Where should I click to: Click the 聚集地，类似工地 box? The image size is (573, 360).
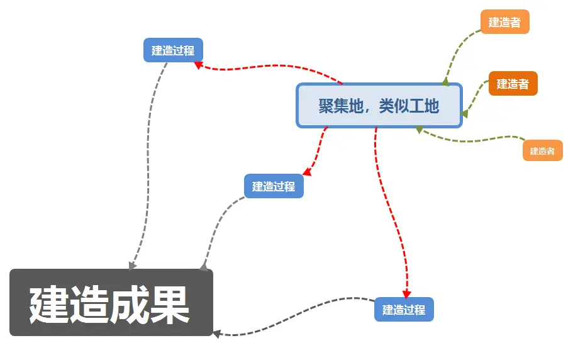[379, 106]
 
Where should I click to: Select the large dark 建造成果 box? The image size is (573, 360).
[111, 303]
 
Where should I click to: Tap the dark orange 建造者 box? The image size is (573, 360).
[513, 84]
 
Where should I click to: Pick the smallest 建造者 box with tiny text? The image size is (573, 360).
[542, 151]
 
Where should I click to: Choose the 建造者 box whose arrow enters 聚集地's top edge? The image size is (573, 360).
[504, 22]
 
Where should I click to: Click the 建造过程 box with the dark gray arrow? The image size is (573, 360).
[404, 310]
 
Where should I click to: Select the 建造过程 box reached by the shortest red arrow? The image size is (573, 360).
[274, 186]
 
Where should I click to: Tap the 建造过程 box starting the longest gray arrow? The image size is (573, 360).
[173, 50]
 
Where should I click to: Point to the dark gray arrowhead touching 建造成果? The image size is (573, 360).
[216, 334]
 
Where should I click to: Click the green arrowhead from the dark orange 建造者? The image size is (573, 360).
[464, 114]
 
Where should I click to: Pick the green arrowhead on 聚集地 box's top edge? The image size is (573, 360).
[445, 81]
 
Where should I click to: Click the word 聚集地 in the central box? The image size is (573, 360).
[342, 106]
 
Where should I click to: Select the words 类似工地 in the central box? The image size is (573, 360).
[409, 106]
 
